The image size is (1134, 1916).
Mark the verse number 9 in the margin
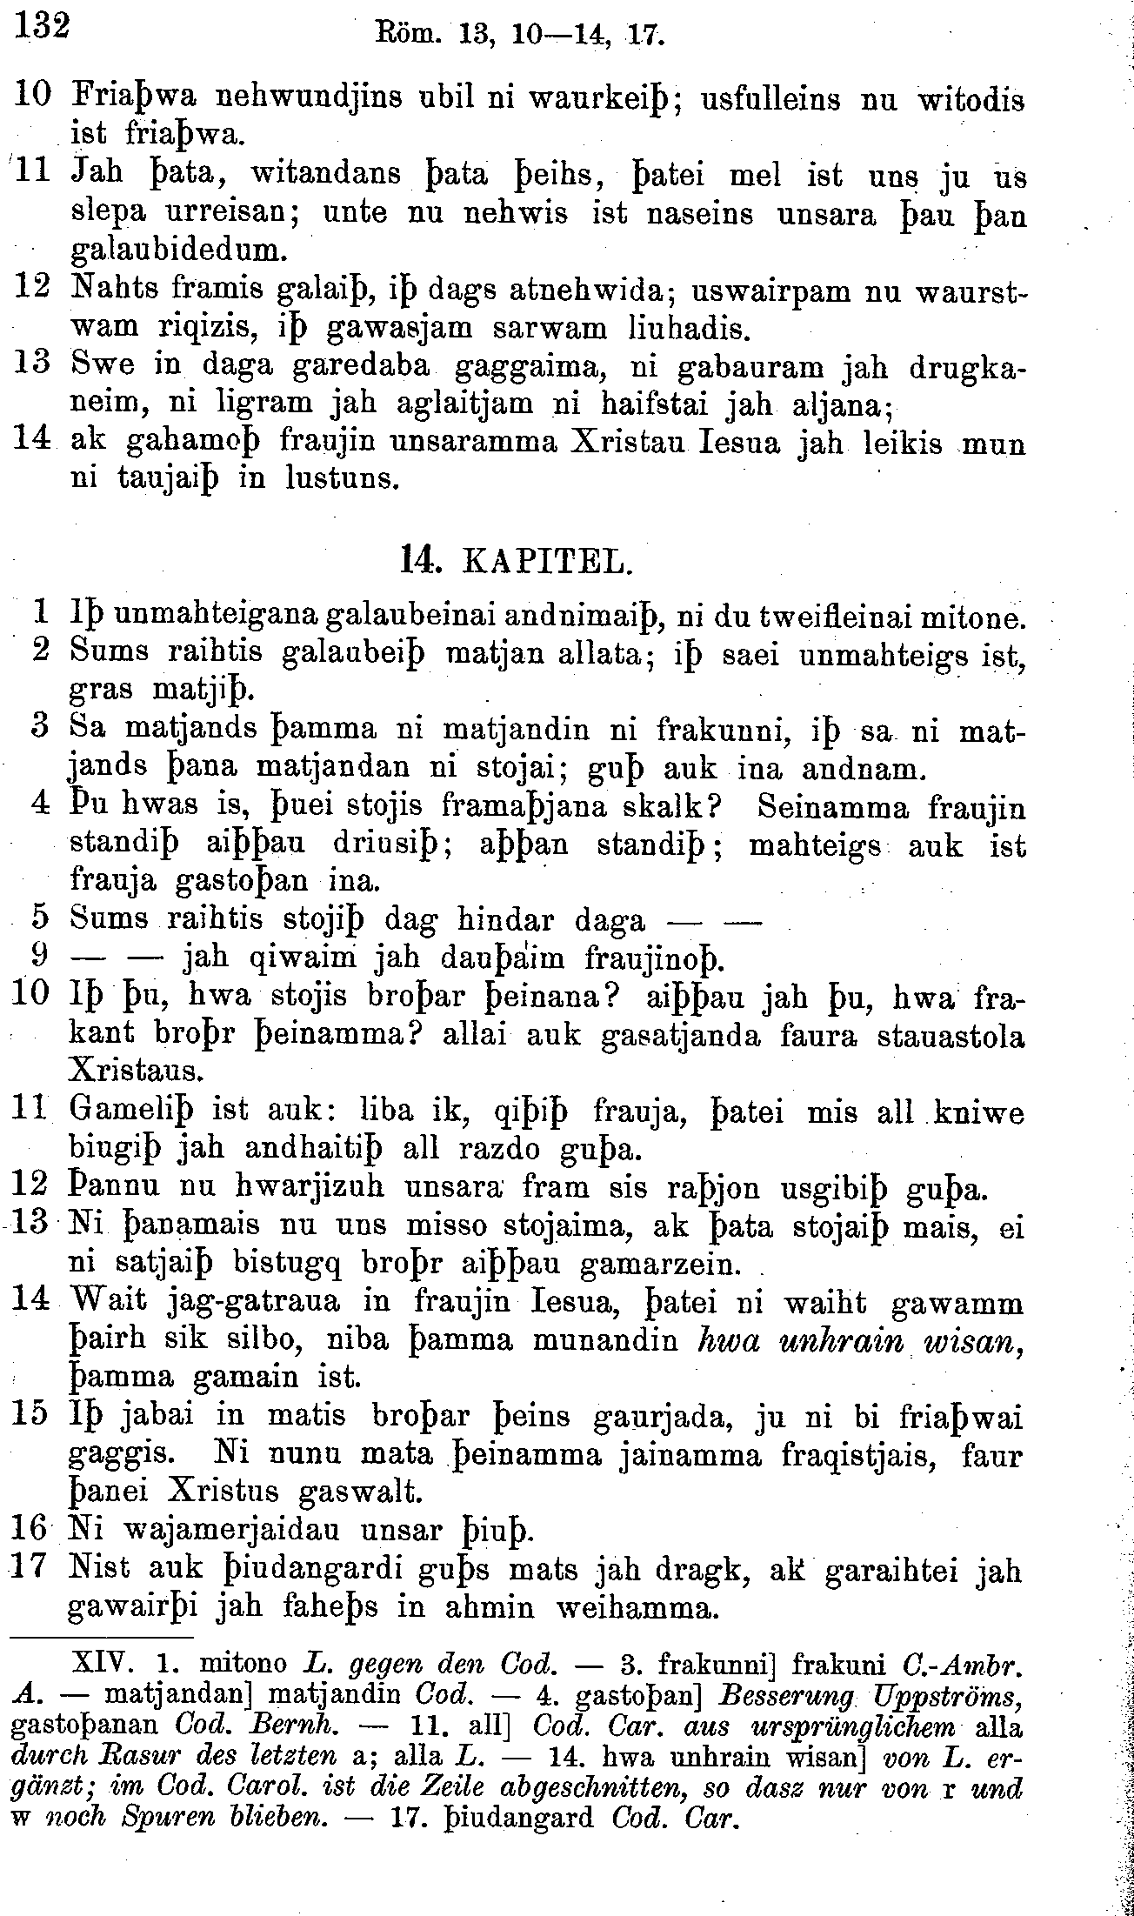(x=39, y=957)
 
